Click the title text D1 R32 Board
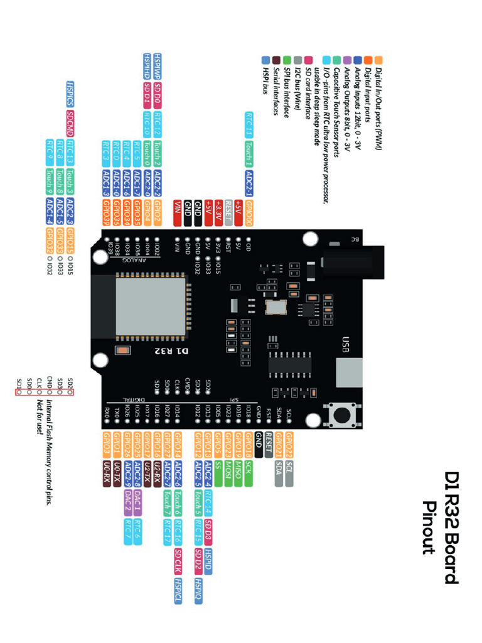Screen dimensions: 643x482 click(x=451, y=527)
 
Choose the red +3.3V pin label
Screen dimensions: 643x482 click(x=218, y=208)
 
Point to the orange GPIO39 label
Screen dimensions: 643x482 click(x=106, y=209)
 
